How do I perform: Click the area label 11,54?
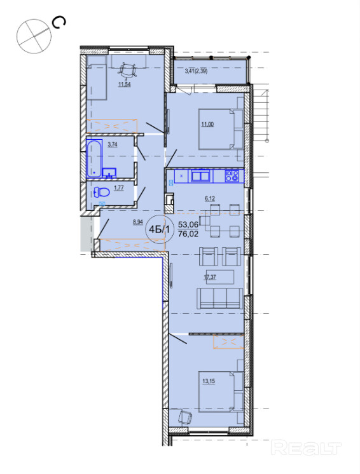click(x=124, y=84)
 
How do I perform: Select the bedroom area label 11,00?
click(x=207, y=124)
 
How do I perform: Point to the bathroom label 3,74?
click(x=113, y=144)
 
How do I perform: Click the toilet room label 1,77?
click(x=118, y=188)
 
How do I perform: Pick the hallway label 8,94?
click(x=138, y=222)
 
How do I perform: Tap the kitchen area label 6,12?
click(x=210, y=199)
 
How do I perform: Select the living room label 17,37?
click(x=210, y=277)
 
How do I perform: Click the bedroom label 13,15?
click(x=209, y=381)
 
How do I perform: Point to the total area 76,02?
click(x=188, y=234)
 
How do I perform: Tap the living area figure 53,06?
click(x=188, y=224)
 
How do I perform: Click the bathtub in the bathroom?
click(x=94, y=158)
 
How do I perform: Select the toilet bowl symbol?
click(x=102, y=192)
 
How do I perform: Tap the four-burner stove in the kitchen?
click(x=232, y=176)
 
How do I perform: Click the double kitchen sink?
click(x=200, y=176)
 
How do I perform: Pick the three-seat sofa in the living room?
click(x=220, y=299)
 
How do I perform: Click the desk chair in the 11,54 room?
click(x=128, y=70)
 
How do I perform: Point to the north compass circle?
click(x=34, y=36)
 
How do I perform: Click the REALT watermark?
click(x=306, y=448)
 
